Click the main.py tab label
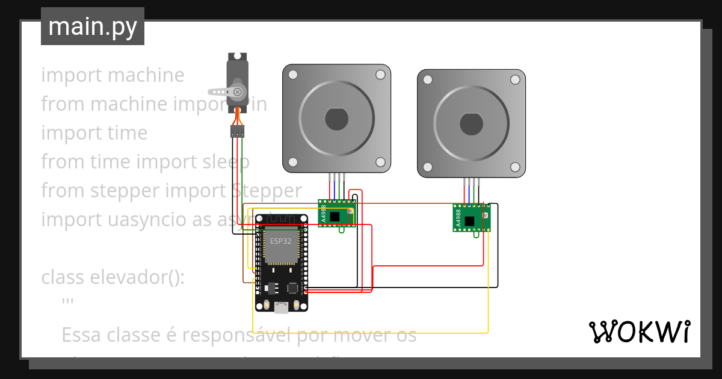point(92,27)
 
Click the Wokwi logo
point(639,331)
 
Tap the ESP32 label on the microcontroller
point(280,241)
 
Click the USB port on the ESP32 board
point(280,308)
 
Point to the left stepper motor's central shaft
point(336,119)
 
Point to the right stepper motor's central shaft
point(471,124)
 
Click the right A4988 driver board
point(471,218)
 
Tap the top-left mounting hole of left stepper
point(292,75)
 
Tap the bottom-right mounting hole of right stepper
point(515,167)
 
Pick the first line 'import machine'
point(113,75)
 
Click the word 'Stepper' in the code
point(267,191)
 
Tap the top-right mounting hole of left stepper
point(380,75)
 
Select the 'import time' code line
point(94,133)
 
